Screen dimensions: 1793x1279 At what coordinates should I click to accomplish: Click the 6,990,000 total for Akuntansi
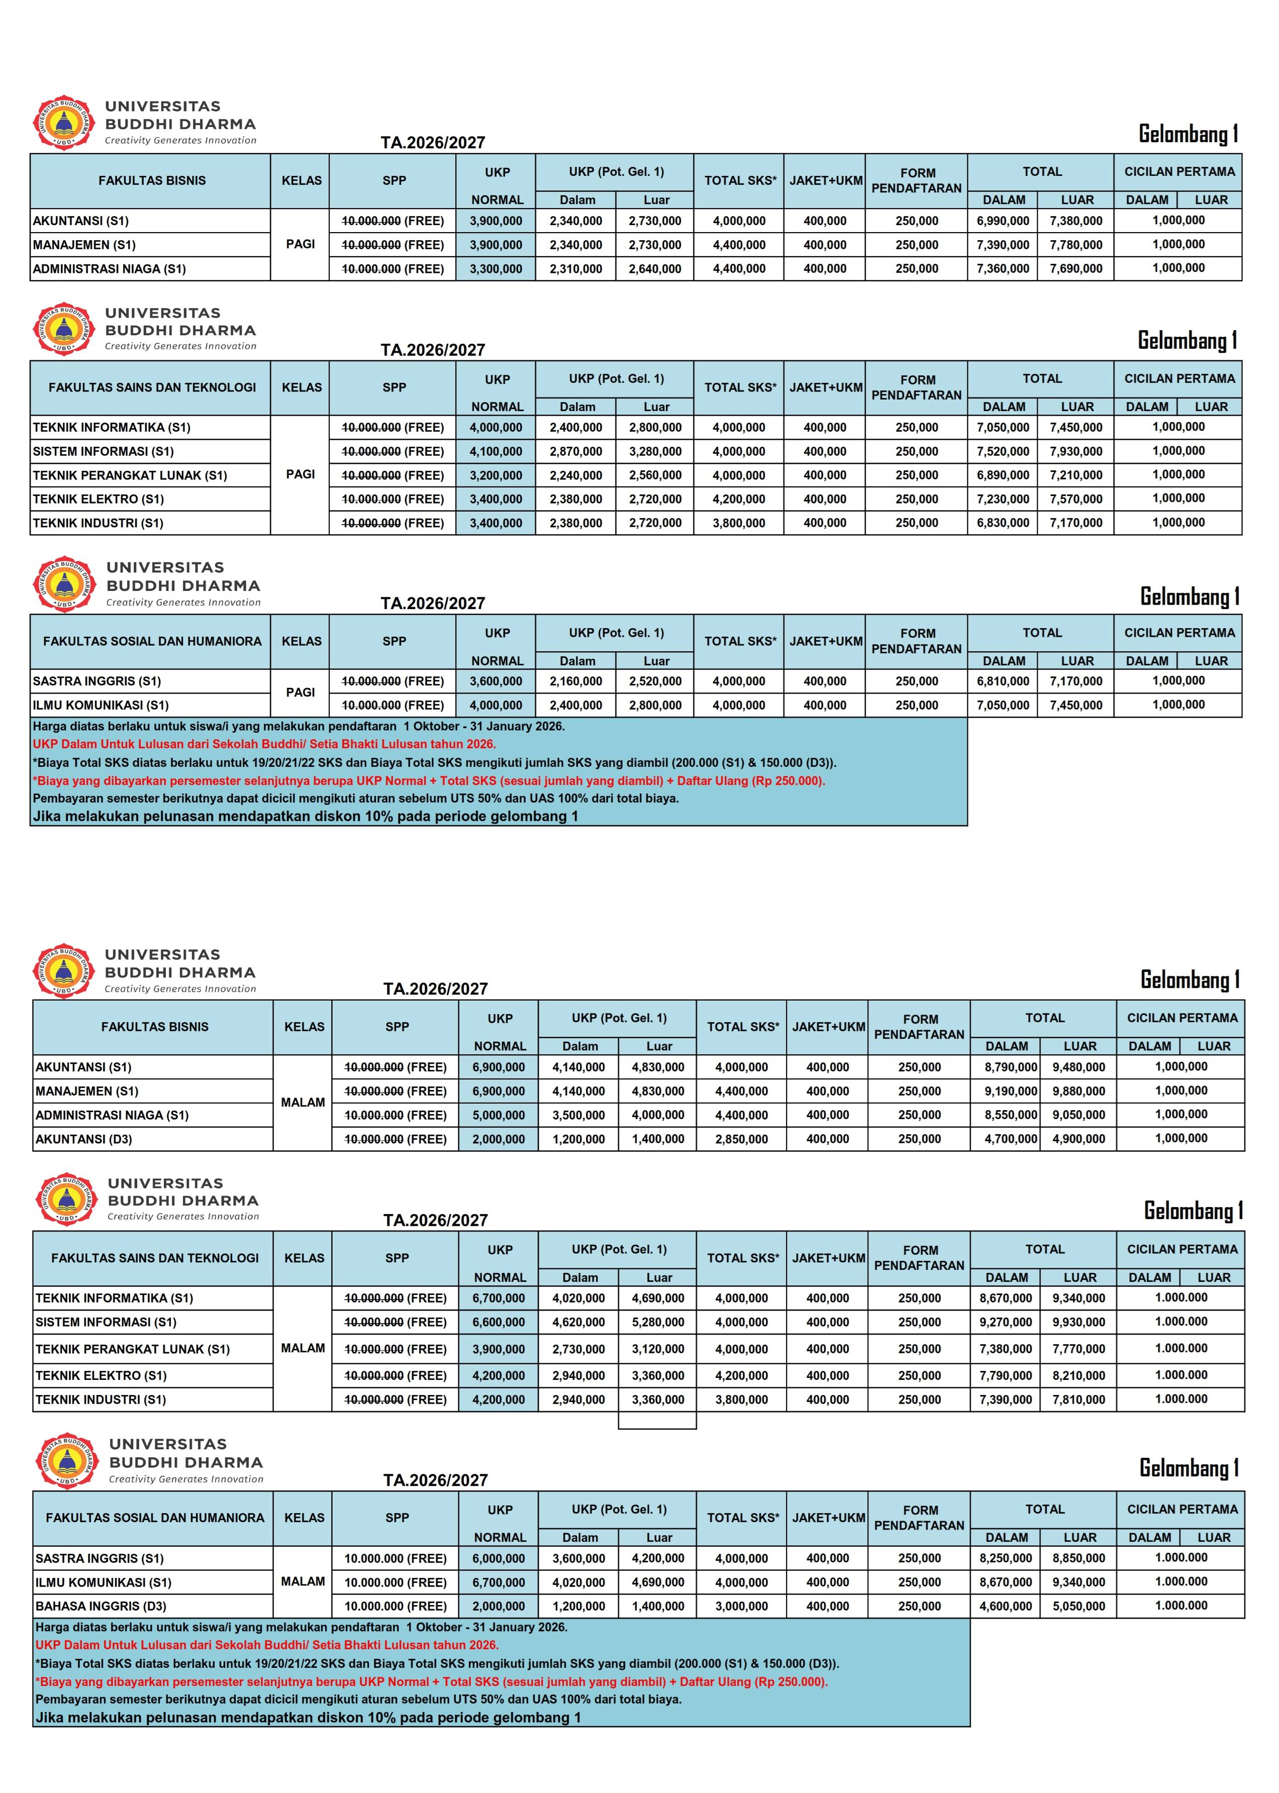[1003, 221]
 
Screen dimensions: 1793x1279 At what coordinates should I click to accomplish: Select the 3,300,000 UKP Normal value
[496, 268]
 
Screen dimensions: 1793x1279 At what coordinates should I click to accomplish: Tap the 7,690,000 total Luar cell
[1076, 268]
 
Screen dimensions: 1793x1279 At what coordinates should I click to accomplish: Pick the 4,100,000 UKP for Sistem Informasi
[496, 451]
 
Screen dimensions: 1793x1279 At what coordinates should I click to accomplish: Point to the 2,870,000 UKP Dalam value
[576, 451]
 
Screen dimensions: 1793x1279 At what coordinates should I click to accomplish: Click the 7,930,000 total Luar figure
[1076, 451]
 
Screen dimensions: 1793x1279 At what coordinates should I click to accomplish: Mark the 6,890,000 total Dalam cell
[1003, 475]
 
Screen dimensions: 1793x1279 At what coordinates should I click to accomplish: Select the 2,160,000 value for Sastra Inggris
[576, 681]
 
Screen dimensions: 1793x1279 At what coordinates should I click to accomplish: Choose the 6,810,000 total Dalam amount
[1003, 681]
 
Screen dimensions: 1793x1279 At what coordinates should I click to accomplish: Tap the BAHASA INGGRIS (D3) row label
[101, 1606]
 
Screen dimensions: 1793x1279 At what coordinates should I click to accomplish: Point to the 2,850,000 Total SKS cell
[741, 1139]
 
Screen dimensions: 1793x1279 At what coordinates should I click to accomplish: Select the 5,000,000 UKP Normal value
[499, 1115]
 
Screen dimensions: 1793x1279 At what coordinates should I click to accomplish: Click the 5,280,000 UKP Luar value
[658, 1322]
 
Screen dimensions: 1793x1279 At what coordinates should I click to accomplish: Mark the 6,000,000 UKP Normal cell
[499, 1558]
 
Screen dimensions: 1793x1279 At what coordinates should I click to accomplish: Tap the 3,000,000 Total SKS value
[741, 1606]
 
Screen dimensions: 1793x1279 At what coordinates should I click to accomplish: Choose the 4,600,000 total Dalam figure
[1006, 1606]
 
